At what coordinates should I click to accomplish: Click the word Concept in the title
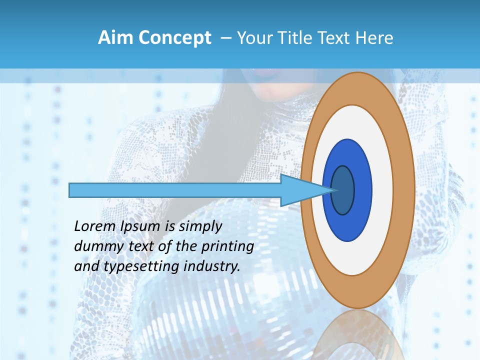pyautogui.click(x=174, y=38)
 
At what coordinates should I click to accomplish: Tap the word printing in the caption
pyautogui.click(x=227, y=246)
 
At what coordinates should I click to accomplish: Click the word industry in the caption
pyautogui.click(x=212, y=266)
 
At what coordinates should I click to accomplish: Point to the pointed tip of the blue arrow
pyautogui.click(x=334, y=190)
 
